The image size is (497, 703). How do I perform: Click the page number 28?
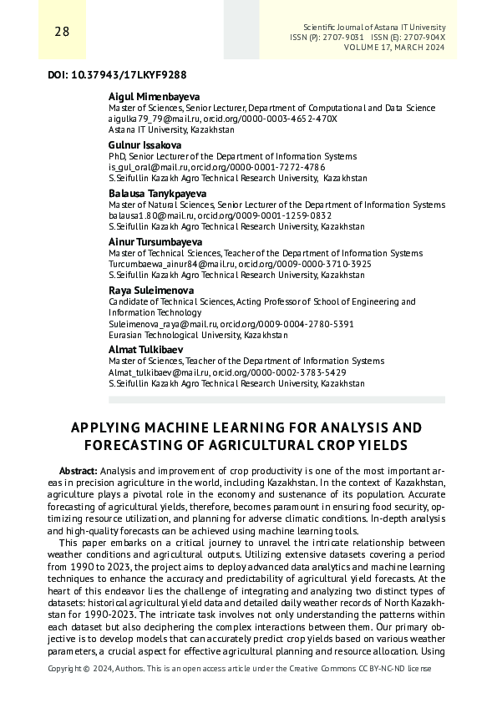pyautogui.click(x=38, y=33)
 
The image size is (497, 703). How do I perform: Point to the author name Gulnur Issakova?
pyautogui.click(x=145, y=144)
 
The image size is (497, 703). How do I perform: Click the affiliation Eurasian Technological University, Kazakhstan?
pyautogui.click(x=199, y=334)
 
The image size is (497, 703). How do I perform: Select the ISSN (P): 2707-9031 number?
pyautogui.click(x=327, y=38)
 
